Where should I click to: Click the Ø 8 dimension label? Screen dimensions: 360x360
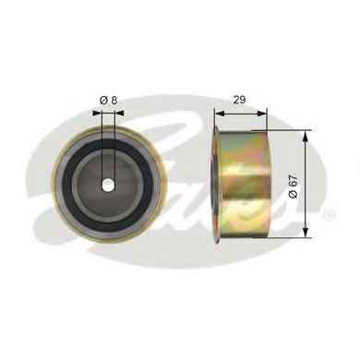point(108,101)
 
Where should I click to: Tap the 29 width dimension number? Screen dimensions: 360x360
point(239,100)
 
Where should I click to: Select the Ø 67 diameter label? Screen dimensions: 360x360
point(294,186)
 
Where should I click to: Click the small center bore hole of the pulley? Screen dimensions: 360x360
point(107,185)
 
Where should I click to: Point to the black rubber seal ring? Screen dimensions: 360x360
point(66,184)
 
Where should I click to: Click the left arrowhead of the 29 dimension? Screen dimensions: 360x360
point(219,114)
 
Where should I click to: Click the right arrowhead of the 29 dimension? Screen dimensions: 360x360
point(262,114)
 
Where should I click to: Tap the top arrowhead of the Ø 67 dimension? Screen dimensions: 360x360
point(306,136)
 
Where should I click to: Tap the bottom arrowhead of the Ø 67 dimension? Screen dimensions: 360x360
point(306,233)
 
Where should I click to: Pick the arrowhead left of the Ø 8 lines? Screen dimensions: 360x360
point(97,114)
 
